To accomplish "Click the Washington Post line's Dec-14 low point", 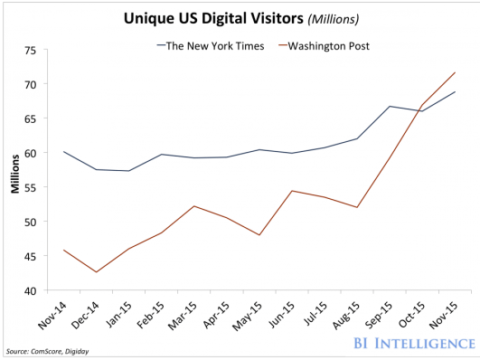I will point(96,272).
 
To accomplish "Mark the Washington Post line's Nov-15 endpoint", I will point(455,72).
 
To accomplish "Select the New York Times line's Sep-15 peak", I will point(389,106).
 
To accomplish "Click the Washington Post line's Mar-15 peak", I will point(193,206).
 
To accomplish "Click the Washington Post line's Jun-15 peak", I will point(291,191).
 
